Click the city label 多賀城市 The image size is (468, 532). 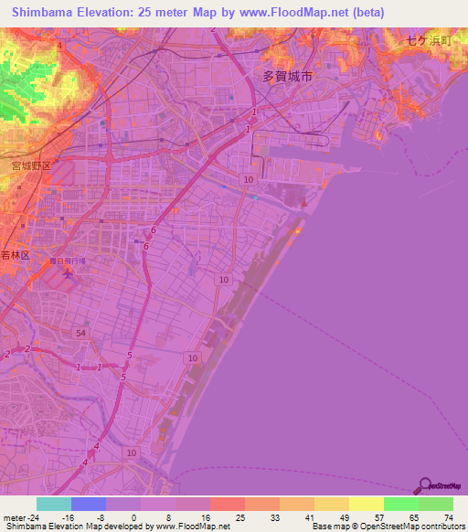pos(287,78)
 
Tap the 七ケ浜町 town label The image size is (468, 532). pos(429,40)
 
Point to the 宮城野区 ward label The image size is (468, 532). pos(29,166)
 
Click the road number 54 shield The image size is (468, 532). pos(81,335)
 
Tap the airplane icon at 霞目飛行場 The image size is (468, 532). pos(66,272)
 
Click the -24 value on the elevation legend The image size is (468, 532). pos(33,517)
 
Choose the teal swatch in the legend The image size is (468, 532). pos(53,504)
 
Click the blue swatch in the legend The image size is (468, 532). pos(88,504)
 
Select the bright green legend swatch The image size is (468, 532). pos(400,504)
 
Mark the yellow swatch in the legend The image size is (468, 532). pos(366,504)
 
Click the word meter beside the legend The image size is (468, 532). pos(13,517)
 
